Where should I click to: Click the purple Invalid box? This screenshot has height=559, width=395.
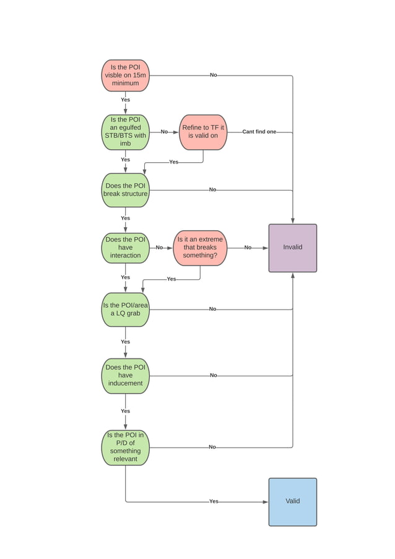coord(292,248)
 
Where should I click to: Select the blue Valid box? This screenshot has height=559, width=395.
coord(292,501)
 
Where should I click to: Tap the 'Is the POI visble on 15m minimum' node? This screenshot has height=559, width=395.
coord(125,76)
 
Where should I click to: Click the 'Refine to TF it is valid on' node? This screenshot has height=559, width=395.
coord(203,132)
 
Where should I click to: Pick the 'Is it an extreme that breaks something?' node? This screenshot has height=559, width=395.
coord(200,248)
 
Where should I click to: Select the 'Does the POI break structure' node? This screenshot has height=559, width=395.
coord(125,190)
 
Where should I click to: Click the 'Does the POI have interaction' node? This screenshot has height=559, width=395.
coord(125,248)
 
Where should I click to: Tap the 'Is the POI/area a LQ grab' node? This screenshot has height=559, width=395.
coord(125,310)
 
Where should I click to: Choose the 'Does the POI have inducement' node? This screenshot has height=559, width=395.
coord(125,375)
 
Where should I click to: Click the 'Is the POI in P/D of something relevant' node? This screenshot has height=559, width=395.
coord(125,447)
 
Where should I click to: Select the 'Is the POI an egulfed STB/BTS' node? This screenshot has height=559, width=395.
coord(125,132)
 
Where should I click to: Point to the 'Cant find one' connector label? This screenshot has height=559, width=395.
coord(259,132)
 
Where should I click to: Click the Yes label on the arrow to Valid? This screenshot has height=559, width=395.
coord(214,501)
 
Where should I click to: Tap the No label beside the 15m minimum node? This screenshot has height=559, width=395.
coord(213,75)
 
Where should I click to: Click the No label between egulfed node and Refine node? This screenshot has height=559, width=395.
coord(164,132)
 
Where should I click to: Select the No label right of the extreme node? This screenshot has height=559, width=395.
coord(248,248)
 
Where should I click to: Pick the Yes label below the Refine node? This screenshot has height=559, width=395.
coord(173,162)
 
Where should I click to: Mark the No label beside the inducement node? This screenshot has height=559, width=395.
coord(213,375)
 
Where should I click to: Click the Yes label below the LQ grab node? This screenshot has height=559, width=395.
coord(125,342)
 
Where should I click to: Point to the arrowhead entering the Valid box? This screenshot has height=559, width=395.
coord(266,501)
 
